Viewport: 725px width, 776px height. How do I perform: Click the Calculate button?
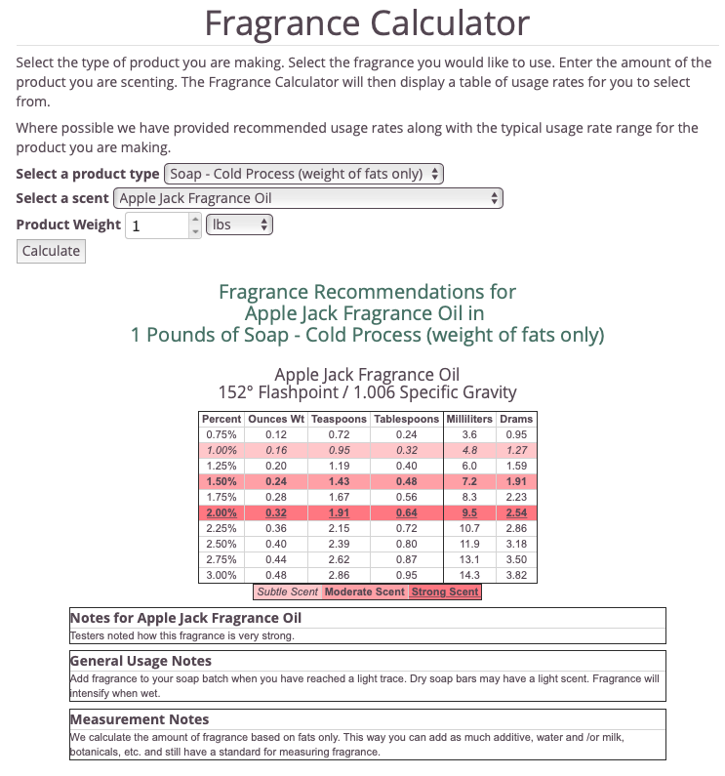[51, 251]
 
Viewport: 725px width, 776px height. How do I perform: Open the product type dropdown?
[303, 174]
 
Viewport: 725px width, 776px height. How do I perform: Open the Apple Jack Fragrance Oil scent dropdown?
[308, 198]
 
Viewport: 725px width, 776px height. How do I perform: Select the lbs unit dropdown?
[239, 225]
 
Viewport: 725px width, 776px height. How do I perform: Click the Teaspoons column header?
[339, 419]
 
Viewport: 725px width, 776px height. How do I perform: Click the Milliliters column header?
[469, 419]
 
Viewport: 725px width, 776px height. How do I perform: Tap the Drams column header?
[516, 419]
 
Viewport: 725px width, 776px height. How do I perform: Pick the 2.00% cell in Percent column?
[222, 512]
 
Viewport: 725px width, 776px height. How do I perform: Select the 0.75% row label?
[222, 434]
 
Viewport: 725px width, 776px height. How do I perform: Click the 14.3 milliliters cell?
[469, 576]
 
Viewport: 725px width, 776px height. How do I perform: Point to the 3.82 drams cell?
[516, 576]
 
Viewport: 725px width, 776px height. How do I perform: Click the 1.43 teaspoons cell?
[339, 481]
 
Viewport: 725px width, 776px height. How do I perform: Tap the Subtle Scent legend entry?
[287, 592]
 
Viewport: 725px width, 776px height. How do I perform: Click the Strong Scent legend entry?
[445, 592]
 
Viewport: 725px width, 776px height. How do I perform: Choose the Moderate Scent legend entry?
[364, 592]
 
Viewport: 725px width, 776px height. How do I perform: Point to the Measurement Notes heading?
[140, 719]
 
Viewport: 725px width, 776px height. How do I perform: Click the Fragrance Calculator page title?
[367, 23]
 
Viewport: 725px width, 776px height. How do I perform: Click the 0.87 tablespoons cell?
[405, 560]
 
